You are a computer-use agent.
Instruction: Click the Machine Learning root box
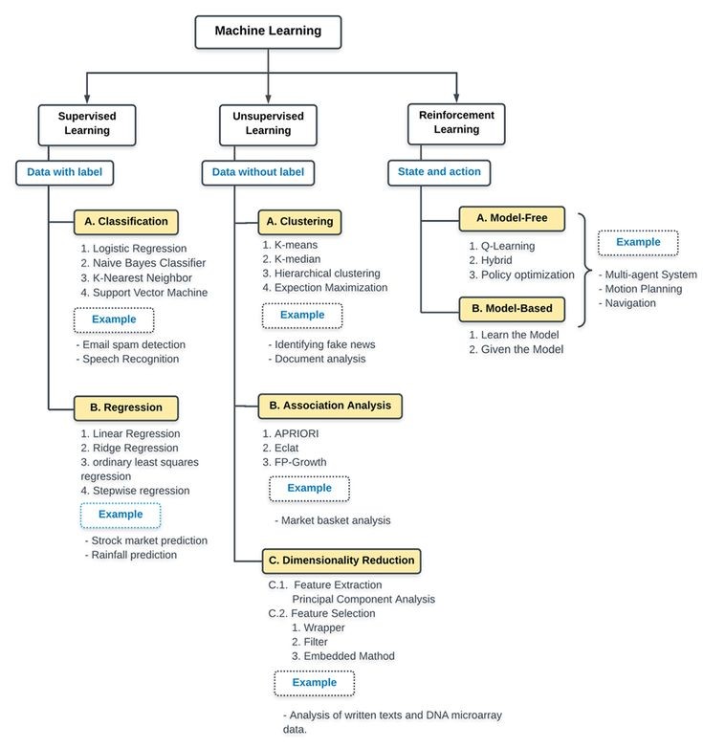point(268,32)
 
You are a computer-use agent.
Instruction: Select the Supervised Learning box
point(87,125)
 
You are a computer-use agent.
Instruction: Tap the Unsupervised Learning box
point(268,125)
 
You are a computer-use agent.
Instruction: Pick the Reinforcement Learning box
point(456,124)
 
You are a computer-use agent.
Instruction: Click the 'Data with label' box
point(64,172)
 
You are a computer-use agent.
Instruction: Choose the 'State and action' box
point(439,172)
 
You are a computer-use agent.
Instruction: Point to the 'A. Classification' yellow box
point(126,222)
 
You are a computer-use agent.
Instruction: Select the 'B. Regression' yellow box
point(126,407)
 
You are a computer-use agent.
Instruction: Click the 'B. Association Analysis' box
point(330,406)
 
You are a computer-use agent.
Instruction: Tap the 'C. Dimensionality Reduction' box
point(341,561)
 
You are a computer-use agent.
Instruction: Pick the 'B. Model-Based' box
point(512,309)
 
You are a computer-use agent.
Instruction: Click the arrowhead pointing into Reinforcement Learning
point(456,99)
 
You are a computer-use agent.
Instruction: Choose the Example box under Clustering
point(302,316)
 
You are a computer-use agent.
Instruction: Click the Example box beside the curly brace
point(638,242)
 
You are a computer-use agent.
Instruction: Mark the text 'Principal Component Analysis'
point(363,599)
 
